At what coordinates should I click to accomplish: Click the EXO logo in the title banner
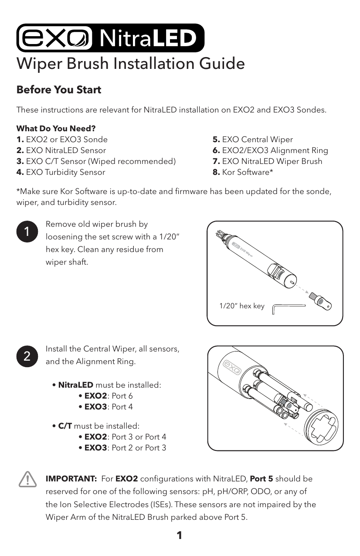pyautogui.click(x=55, y=38)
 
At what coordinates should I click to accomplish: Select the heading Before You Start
pyautogui.click(x=58, y=90)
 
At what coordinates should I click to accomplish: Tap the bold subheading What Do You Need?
pyautogui.click(x=56, y=129)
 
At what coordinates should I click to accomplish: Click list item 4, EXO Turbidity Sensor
pyautogui.click(x=61, y=172)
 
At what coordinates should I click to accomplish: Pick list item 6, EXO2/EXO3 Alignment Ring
pyautogui.click(x=270, y=150)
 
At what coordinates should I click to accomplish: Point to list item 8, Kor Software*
pyautogui.click(x=243, y=172)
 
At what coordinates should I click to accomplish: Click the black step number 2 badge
pyautogui.click(x=27, y=356)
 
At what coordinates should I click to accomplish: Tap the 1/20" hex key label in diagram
pyautogui.click(x=241, y=306)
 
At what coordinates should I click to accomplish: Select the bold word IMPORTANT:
pyautogui.click(x=71, y=479)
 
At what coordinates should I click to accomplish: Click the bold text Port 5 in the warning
pyautogui.click(x=262, y=479)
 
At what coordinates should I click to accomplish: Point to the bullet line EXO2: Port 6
pyautogui.click(x=105, y=396)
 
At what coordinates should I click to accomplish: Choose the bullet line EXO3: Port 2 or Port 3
pyautogui.click(x=122, y=447)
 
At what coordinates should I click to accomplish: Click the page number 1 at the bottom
pyautogui.click(x=179, y=535)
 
